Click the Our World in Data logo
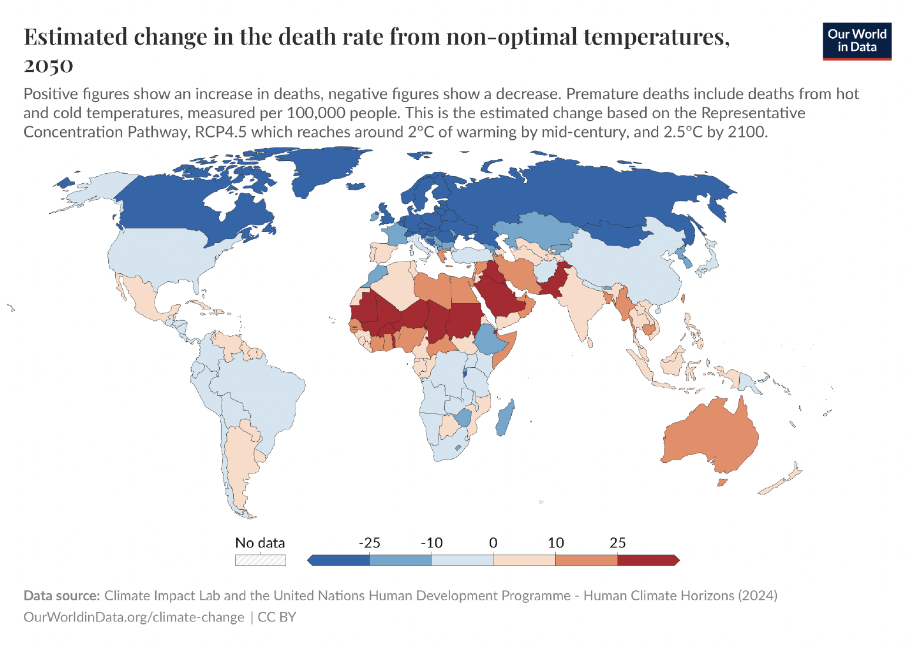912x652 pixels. [857, 41]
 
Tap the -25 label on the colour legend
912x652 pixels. [370, 543]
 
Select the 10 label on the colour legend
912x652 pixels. [555, 543]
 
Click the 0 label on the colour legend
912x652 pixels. [493, 543]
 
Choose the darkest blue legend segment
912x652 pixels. [339, 560]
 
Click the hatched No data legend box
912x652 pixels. [260, 560]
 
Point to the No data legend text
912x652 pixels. [260, 543]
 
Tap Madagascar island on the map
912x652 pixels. [505, 418]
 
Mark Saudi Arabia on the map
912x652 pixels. [499, 297]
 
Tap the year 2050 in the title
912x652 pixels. [48, 65]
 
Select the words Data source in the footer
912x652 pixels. [62, 596]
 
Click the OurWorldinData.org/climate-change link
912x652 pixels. [133, 617]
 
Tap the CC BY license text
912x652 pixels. [277, 617]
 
